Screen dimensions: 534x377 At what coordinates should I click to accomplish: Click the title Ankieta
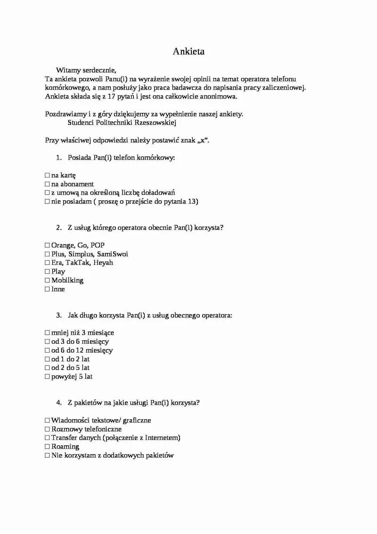pyautogui.click(x=188, y=51)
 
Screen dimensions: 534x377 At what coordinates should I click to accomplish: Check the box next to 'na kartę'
pyautogui.click(x=47, y=175)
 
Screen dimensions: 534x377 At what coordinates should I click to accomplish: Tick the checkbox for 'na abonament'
pyautogui.click(x=47, y=184)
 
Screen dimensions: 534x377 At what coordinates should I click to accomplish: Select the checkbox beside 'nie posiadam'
pyautogui.click(x=47, y=202)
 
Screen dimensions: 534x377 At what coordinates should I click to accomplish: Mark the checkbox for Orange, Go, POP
pyautogui.click(x=47, y=246)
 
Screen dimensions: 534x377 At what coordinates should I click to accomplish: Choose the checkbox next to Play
pyautogui.click(x=47, y=271)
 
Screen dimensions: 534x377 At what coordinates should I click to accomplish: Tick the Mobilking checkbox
pyautogui.click(x=47, y=280)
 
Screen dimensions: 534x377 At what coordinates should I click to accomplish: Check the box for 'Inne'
pyautogui.click(x=47, y=289)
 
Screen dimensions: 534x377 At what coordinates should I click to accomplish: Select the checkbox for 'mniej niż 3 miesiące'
pyautogui.click(x=47, y=333)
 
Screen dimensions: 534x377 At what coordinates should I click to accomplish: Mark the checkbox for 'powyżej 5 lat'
pyautogui.click(x=47, y=377)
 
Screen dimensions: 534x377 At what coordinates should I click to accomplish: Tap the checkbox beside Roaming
pyautogui.click(x=47, y=447)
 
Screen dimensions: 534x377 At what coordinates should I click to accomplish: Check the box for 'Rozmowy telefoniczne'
pyautogui.click(x=47, y=429)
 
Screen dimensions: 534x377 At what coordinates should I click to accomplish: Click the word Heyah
pyautogui.click(x=103, y=263)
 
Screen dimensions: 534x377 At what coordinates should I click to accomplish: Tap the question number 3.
pyautogui.click(x=58, y=315)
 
